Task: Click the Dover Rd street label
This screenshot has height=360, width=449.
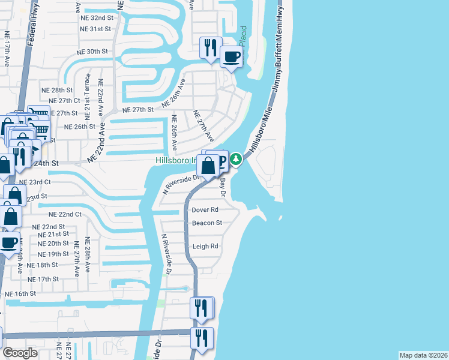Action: pyautogui.click(x=205, y=210)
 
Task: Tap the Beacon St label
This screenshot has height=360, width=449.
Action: pyautogui.click(x=207, y=223)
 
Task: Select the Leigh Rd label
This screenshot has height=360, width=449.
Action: pyautogui.click(x=205, y=247)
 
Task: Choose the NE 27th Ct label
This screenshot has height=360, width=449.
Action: pyautogui.click(x=64, y=101)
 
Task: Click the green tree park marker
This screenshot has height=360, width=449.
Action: pyautogui.click(x=237, y=159)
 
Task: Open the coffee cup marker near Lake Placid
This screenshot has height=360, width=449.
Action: pyautogui.click(x=231, y=57)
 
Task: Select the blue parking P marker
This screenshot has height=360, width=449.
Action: pyautogui.click(x=221, y=159)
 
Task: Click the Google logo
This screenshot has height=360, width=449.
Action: pyautogui.click(x=20, y=353)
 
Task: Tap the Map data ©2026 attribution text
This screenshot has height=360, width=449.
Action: pyautogui.click(x=423, y=355)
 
